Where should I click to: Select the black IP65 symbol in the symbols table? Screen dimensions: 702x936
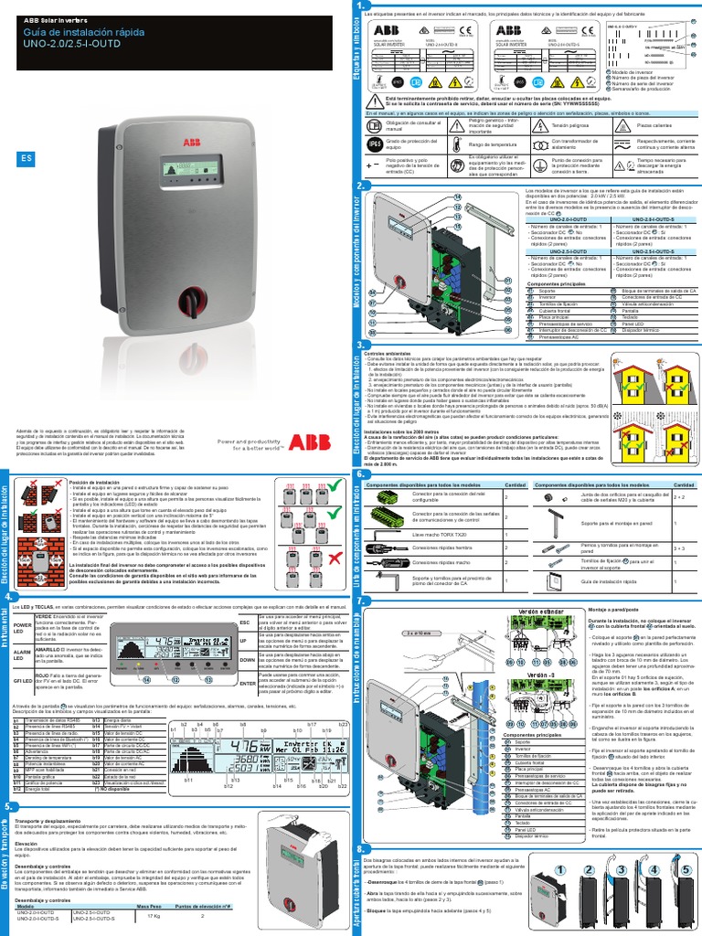[x=374, y=144]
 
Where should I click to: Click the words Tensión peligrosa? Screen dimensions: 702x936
[x=570, y=123]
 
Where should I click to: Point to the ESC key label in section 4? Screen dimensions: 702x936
[x=244, y=622]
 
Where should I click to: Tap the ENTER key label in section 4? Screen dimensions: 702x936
[x=247, y=683]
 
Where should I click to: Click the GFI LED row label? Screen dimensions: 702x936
[x=22, y=681]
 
